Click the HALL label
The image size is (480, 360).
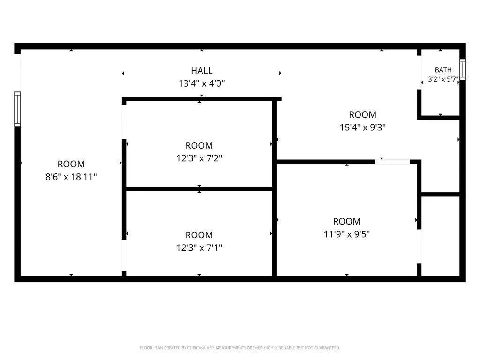pos(202,71)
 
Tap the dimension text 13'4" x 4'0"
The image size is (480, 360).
pos(202,83)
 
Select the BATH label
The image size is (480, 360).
pos(443,70)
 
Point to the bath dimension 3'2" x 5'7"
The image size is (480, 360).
pos(443,79)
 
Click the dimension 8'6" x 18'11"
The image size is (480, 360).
pos(71,177)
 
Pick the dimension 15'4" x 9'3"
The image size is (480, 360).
pos(363,127)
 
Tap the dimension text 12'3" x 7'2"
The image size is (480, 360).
pos(199,158)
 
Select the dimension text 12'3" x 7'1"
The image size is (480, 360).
pos(199,247)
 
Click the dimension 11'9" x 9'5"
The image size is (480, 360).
pos(347,234)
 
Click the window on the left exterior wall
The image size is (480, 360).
pos(17,109)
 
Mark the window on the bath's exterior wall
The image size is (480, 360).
pos(463,69)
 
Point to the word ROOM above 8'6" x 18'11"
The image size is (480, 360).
pos(71,164)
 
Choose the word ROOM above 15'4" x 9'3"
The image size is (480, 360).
pos(363,115)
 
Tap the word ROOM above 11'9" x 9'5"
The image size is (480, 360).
pos(347,221)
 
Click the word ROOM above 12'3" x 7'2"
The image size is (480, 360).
pos(199,145)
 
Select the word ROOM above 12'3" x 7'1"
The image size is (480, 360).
pos(199,235)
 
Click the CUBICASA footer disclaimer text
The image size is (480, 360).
pos(240,348)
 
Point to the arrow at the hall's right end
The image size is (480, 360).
pos(280,73)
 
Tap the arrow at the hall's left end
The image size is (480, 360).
pos(123,73)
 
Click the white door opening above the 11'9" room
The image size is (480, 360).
pos(392,162)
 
